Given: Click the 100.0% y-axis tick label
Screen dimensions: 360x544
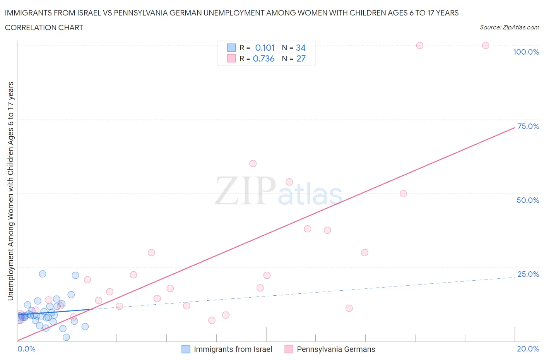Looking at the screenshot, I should pyautogui.click(x=526, y=52).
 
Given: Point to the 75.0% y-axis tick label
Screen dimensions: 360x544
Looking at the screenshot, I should pyautogui.click(x=528, y=126).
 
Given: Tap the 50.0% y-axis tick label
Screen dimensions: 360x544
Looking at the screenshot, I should pyautogui.click(x=528, y=200).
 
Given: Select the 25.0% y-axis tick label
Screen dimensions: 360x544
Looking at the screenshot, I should pyautogui.click(x=528, y=274).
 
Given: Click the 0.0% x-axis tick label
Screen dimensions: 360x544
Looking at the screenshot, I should pyautogui.click(x=26, y=349).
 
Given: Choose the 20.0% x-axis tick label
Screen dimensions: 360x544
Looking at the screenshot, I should pyautogui.click(x=528, y=349).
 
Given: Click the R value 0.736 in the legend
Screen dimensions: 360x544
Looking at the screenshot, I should pyautogui.click(x=263, y=58).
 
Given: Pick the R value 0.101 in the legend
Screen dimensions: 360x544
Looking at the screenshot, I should pyautogui.click(x=265, y=48).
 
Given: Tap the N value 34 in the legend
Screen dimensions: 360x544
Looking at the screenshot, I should pyautogui.click(x=301, y=48).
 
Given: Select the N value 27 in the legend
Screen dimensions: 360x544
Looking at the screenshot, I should pyautogui.click(x=301, y=58).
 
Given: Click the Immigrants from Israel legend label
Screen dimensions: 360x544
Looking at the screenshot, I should pyautogui.click(x=233, y=349).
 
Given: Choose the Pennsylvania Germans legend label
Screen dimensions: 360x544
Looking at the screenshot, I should pyautogui.click(x=336, y=349).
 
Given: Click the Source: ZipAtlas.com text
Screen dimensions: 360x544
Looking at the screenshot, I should pyautogui.click(x=509, y=27).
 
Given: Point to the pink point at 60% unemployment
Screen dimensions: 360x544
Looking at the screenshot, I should pyautogui.click(x=253, y=163).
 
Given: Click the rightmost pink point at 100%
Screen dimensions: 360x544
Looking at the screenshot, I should pyautogui.click(x=485, y=45).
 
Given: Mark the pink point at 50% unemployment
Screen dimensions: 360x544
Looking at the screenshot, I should pyautogui.click(x=403, y=194).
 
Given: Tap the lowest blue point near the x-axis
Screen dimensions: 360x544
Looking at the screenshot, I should pyautogui.click(x=66, y=337).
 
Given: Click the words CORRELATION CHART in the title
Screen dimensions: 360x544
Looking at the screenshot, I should pyautogui.click(x=44, y=27).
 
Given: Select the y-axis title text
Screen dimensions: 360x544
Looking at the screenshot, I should pyautogui.click(x=10, y=191).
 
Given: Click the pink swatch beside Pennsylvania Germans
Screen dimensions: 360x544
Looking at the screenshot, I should pyautogui.click(x=289, y=349).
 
